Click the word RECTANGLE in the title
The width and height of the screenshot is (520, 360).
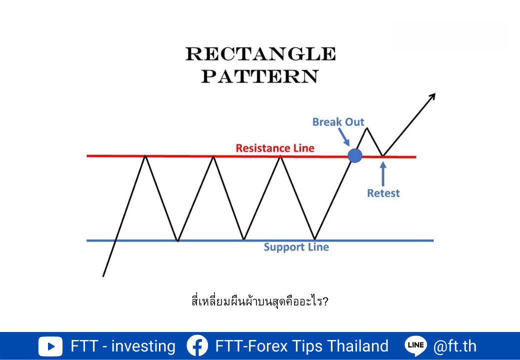(260, 53)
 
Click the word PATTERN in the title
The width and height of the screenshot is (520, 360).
(260, 76)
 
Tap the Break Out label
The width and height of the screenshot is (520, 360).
(338, 122)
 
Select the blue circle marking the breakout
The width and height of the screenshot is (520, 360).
(355, 155)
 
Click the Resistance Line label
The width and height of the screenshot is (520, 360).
(275, 148)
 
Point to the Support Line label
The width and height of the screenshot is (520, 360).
(296, 247)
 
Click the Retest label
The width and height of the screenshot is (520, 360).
(383, 193)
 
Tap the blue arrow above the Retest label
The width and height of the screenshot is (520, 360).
(383, 173)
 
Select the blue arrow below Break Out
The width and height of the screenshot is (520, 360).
(344, 137)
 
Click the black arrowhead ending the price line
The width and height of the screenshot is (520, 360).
(432, 96)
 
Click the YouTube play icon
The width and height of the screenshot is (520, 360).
(50, 346)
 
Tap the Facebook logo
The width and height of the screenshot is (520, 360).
(197, 345)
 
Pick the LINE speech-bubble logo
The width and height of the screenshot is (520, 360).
(416, 345)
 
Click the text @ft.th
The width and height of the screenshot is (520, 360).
(454, 346)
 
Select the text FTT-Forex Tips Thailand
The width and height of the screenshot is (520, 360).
(302, 346)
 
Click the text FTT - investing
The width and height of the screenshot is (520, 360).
(123, 346)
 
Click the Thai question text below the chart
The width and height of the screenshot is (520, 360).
(259, 301)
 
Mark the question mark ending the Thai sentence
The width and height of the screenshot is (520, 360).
(325, 301)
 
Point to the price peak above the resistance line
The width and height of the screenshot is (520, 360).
(367, 128)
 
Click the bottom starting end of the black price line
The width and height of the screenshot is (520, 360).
(103, 276)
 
